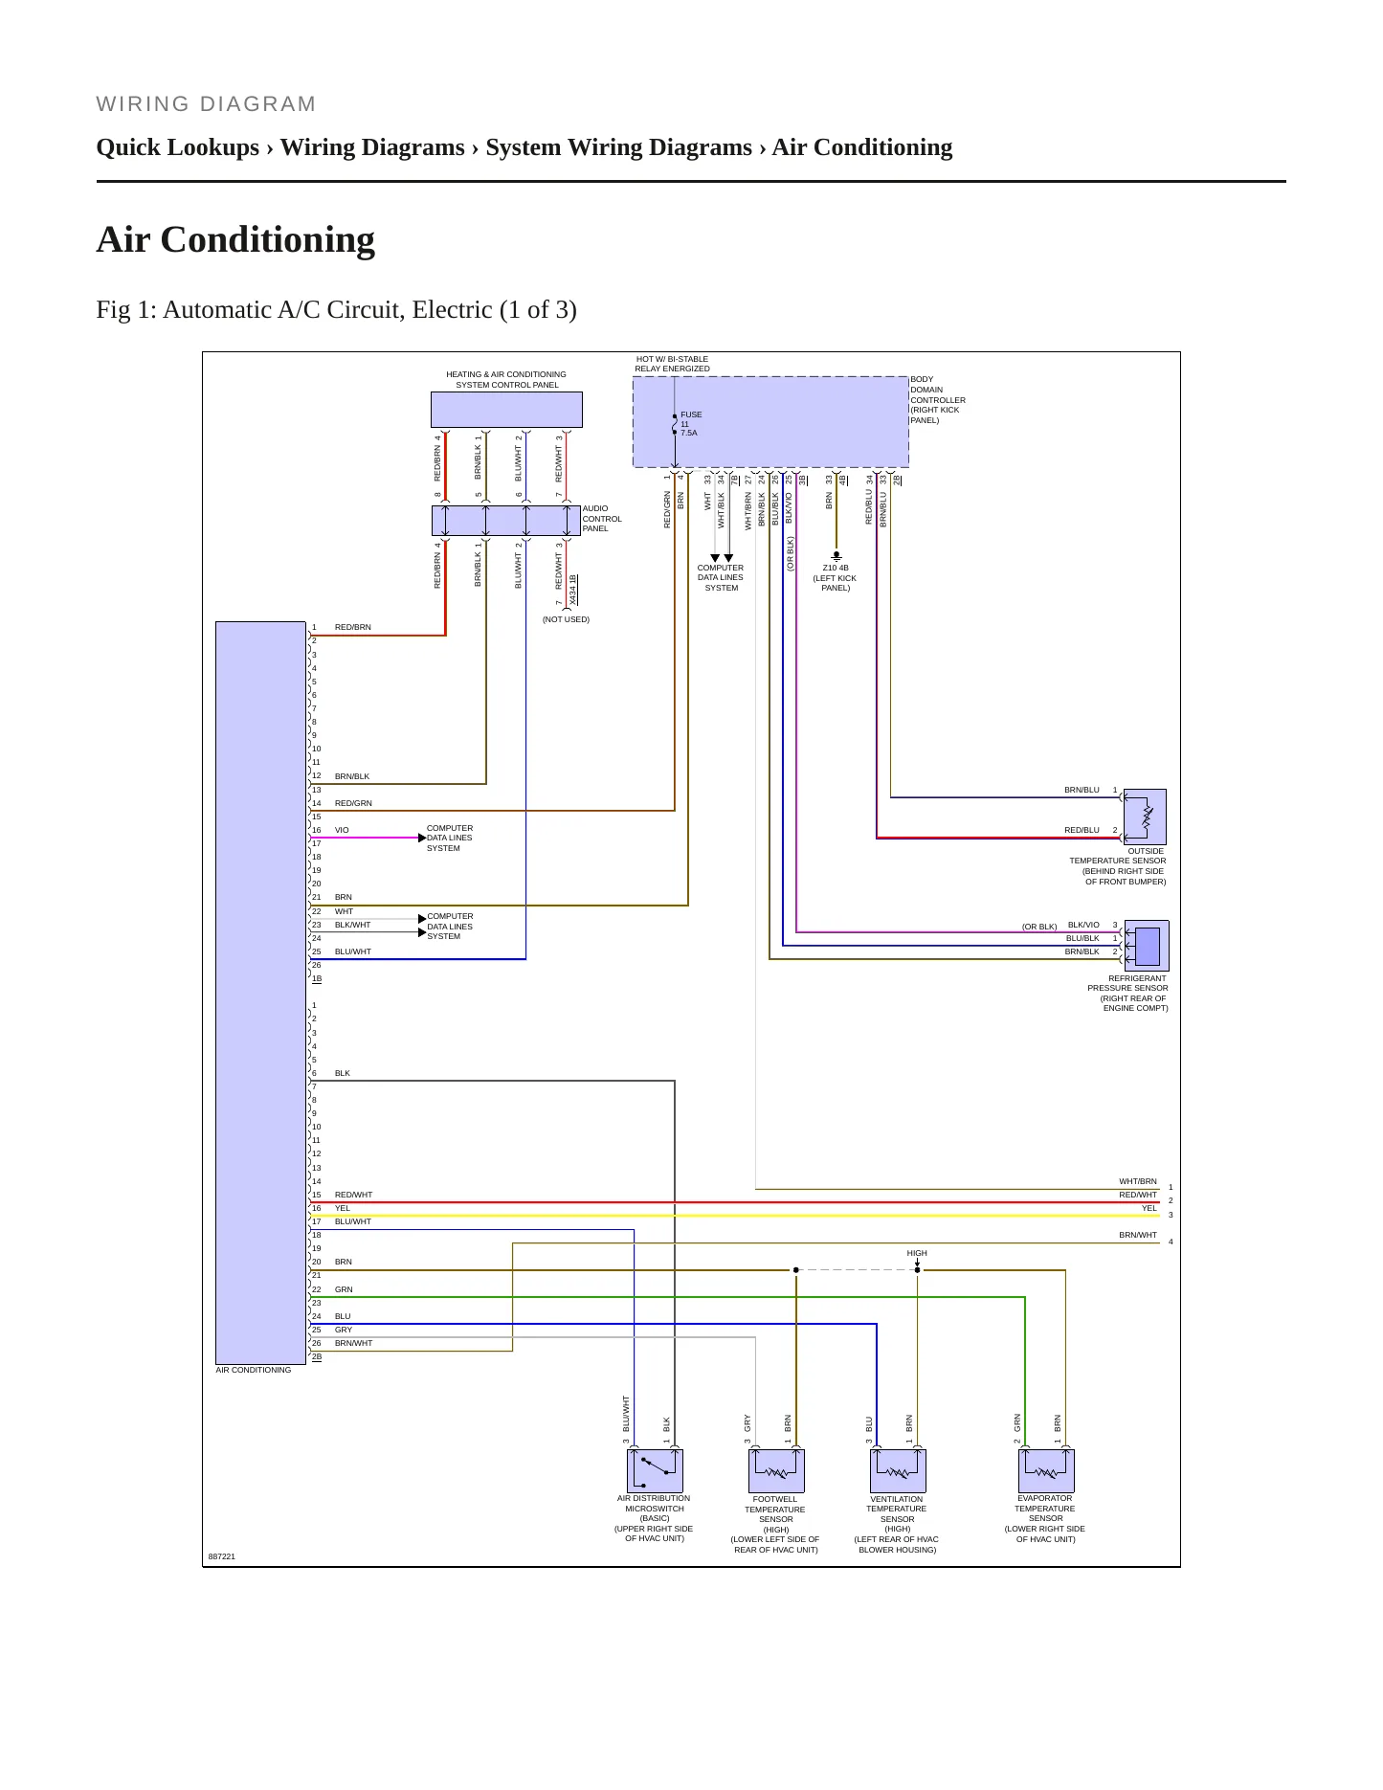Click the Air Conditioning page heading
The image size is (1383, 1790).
[x=235, y=239]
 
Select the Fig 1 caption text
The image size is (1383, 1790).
[x=336, y=309]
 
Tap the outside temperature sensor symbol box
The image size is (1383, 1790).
[x=1145, y=817]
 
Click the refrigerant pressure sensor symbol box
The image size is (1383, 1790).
[x=1146, y=946]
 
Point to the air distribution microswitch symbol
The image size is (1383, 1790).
[x=655, y=1470]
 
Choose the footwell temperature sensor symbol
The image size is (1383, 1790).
[x=776, y=1470]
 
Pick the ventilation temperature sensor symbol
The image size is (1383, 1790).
[x=898, y=1470]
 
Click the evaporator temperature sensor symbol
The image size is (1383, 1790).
[x=1046, y=1470]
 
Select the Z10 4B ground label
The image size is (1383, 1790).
[x=835, y=577]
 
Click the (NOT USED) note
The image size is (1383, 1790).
[x=566, y=619]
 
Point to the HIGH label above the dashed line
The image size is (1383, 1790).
[x=917, y=1253]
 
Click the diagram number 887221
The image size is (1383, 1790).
[x=222, y=1556]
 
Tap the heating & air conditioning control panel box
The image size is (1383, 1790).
[x=506, y=410]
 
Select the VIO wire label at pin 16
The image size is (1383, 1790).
[x=342, y=830]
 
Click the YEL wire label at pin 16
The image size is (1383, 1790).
[x=343, y=1208]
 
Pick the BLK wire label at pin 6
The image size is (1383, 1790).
[x=343, y=1073]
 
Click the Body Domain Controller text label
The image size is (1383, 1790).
[x=938, y=400]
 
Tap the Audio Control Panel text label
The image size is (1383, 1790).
[x=602, y=519]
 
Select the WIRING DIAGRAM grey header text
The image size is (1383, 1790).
[x=207, y=104]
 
